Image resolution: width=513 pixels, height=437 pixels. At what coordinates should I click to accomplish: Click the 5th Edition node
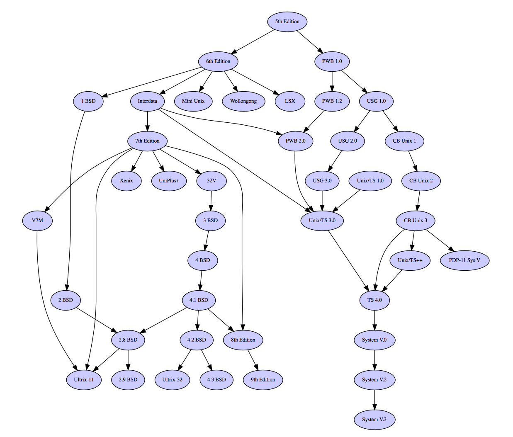[287, 22]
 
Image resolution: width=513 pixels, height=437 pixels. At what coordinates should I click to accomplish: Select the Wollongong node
[243, 101]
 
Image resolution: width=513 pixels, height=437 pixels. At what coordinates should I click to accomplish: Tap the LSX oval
[290, 101]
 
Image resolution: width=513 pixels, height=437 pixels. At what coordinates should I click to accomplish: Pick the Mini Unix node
[193, 101]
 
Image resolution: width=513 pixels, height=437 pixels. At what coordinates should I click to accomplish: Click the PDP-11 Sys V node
[464, 260]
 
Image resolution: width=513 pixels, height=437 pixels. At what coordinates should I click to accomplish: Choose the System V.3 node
[374, 420]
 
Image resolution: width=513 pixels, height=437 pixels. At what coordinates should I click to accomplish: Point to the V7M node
[37, 221]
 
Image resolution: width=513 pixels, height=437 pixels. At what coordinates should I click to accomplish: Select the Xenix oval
[126, 181]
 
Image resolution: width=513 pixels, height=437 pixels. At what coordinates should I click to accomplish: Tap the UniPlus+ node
[169, 181]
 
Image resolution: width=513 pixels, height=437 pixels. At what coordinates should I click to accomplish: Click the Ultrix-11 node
[84, 380]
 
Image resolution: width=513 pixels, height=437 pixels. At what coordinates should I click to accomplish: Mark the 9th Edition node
[263, 380]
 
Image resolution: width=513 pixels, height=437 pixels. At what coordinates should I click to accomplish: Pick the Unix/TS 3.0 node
[322, 221]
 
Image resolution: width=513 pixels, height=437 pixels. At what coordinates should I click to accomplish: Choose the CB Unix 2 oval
[421, 181]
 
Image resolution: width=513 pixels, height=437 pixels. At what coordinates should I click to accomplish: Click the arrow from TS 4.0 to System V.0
[374, 320]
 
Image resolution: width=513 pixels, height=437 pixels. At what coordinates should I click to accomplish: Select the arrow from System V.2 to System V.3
[374, 400]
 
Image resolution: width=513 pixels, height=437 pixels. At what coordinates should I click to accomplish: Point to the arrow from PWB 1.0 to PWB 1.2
[332, 81]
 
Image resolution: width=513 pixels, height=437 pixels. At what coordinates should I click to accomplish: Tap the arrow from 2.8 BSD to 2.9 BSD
[128, 360]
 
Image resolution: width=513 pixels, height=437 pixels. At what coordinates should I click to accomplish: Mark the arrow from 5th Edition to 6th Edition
[253, 42]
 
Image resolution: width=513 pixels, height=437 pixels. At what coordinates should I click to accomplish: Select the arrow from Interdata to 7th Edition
[148, 121]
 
